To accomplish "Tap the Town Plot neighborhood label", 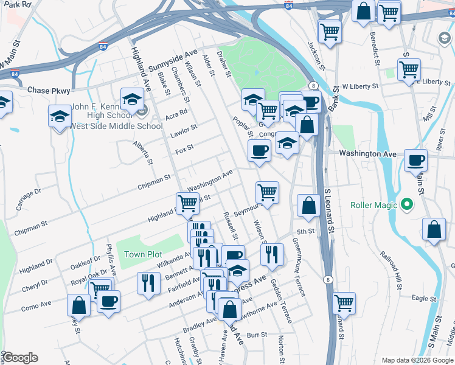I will click(143, 254).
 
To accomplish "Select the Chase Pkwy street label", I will click(46, 90).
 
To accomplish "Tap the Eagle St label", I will click(420, 297).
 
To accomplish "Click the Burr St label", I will click(257, 335).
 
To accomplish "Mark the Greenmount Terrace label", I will click(297, 267).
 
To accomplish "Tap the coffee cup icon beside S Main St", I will click(415, 161).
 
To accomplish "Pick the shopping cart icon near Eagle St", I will click(344, 302).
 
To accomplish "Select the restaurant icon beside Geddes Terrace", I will click(272, 253).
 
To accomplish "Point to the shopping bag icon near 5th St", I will click(308, 206).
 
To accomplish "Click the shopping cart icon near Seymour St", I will click(267, 192).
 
